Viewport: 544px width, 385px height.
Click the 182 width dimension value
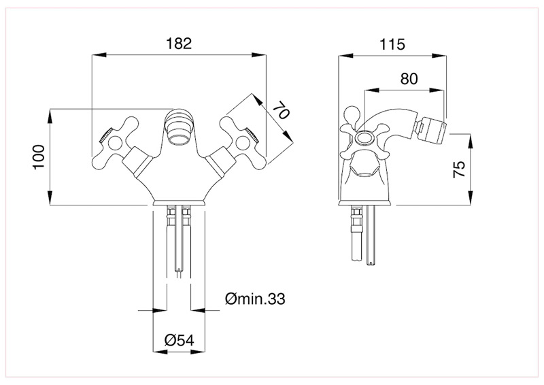[180, 43]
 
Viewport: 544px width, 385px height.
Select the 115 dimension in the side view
[392, 45]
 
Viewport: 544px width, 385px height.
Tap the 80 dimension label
[408, 78]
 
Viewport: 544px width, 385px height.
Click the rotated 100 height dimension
[39, 158]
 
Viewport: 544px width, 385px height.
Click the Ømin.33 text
[253, 298]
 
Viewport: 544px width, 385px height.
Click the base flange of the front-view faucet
[180, 202]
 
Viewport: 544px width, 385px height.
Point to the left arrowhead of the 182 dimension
[96, 56]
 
